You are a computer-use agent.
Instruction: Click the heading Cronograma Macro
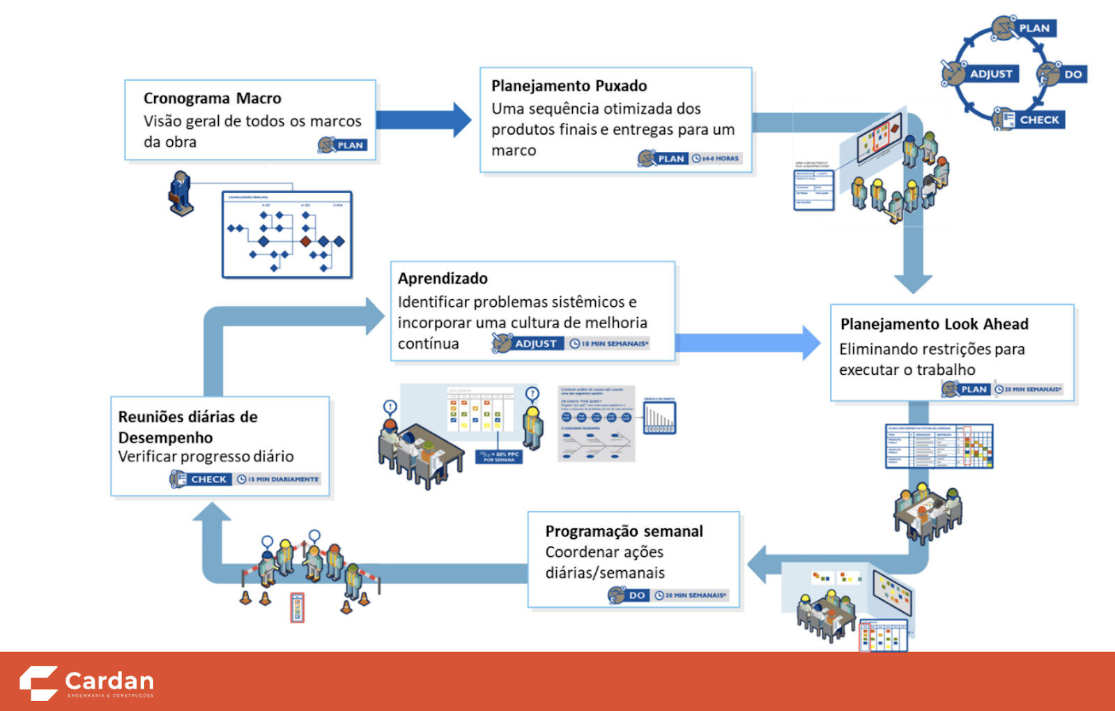[x=212, y=98]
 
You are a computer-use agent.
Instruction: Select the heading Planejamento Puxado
[x=569, y=86]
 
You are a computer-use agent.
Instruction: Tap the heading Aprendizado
[x=443, y=278]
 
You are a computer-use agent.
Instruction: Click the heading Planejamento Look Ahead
[x=934, y=324]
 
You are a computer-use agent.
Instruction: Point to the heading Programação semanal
[x=624, y=531]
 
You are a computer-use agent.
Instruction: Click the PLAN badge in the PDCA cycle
[x=1033, y=29]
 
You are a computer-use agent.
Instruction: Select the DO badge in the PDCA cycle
[x=1072, y=75]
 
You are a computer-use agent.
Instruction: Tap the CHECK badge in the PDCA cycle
[x=1038, y=120]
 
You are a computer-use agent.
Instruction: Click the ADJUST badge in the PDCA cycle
[x=990, y=74]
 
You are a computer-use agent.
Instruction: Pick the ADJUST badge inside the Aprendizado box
[x=535, y=344]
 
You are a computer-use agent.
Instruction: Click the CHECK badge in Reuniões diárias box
[x=208, y=480]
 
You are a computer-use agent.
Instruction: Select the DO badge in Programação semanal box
[x=636, y=595]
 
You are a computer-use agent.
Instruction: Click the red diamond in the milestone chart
[x=305, y=241]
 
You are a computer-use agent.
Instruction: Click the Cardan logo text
[x=109, y=680]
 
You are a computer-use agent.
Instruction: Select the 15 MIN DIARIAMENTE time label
[x=283, y=480]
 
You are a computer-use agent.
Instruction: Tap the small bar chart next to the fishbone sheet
[x=659, y=418]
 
